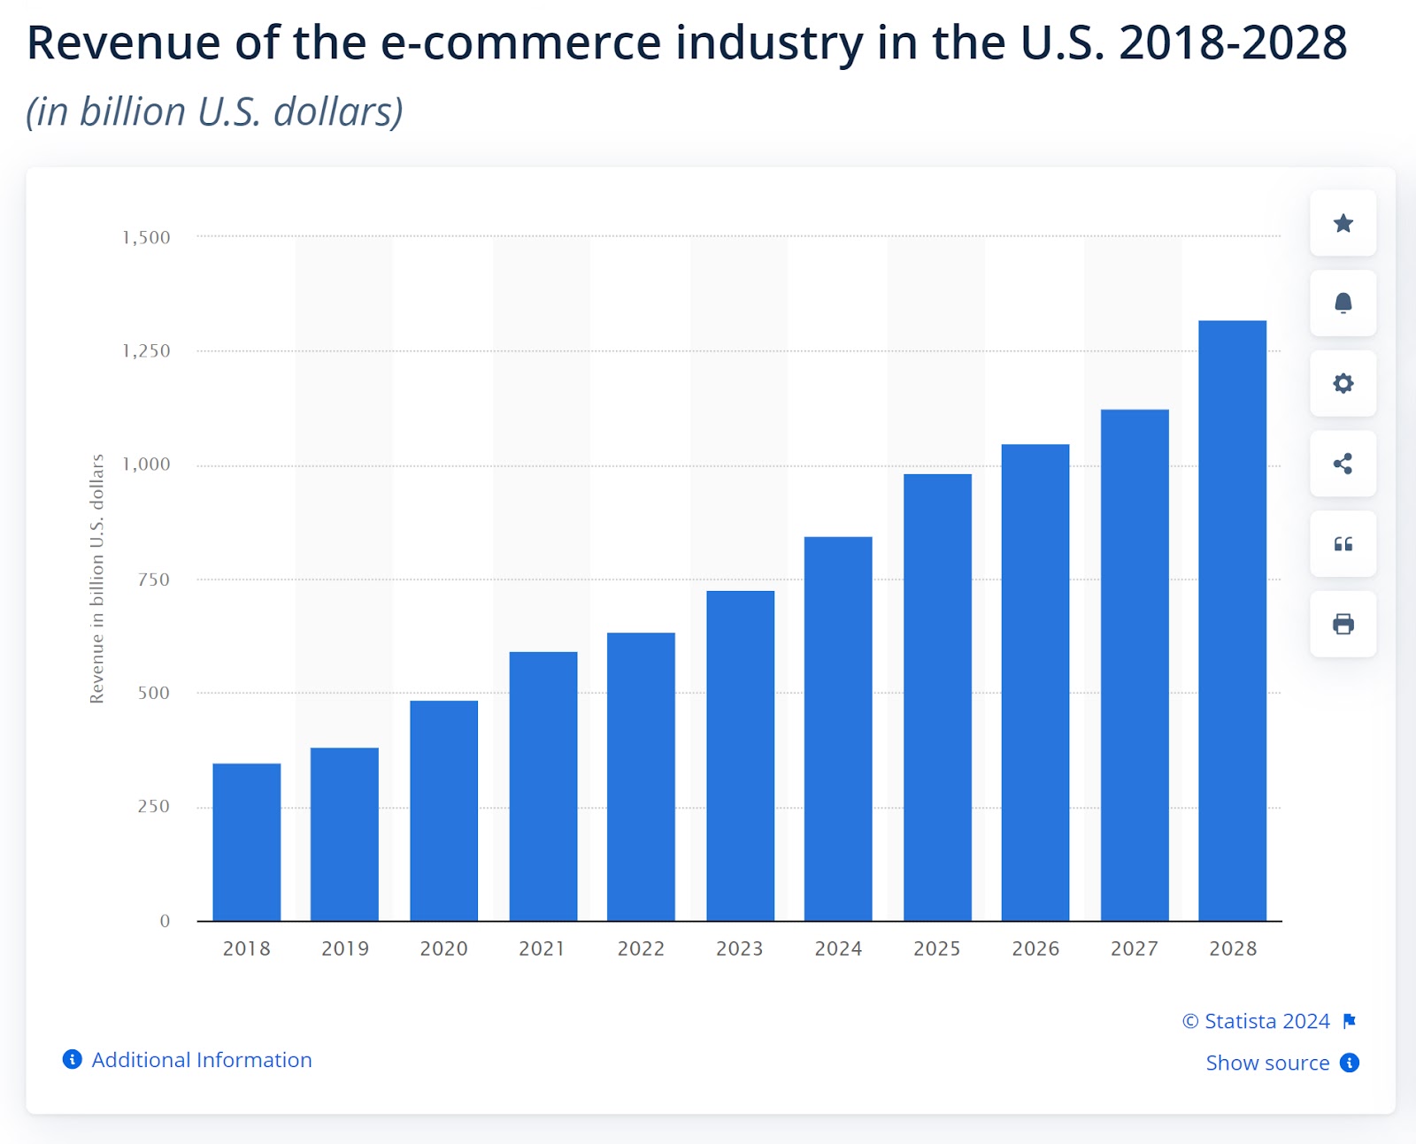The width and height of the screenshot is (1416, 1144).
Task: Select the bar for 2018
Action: point(247,841)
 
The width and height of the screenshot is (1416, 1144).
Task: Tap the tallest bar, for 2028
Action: point(1232,620)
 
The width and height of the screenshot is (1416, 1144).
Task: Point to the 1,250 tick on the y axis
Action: point(146,351)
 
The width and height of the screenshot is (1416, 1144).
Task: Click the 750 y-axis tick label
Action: point(153,580)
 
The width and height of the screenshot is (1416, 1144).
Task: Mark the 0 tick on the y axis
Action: point(165,921)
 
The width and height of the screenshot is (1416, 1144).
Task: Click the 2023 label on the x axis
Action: point(739,948)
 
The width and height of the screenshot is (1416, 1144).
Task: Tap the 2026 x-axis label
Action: point(1035,948)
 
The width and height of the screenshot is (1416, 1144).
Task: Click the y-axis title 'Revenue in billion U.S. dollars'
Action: point(97,579)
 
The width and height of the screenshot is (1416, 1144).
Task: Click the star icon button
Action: point(1343,223)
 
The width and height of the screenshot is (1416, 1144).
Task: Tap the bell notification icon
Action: point(1343,303)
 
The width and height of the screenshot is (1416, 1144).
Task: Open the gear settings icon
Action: point(1343,383)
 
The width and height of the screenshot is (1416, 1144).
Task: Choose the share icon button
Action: point(1343,464)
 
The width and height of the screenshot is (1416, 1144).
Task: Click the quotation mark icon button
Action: point(1343,544)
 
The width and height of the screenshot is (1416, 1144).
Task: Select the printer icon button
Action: point(1343,624)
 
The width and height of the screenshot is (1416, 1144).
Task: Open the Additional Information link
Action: point(201,1060)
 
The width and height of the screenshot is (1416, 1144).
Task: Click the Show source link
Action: point(1267,1063)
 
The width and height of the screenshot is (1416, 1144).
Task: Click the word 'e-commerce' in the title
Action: point(520,42)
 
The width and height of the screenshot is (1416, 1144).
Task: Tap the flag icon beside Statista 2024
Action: point(1349,1021)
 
